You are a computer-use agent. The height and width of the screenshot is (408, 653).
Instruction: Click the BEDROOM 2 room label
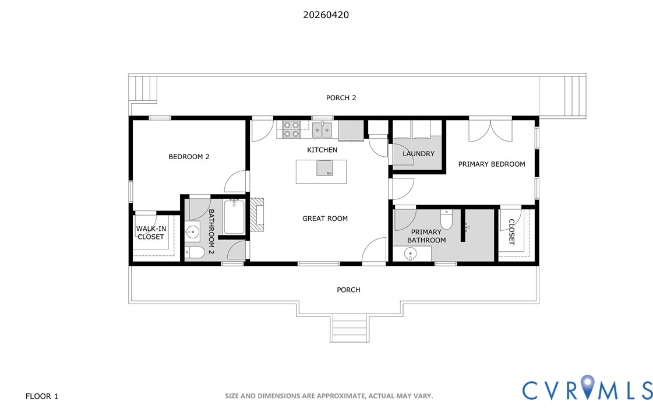[x=189, y=157]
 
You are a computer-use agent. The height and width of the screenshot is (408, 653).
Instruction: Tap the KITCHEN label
[x=322, y=150]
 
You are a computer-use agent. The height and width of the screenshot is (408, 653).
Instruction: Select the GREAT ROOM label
[x=325, y=219]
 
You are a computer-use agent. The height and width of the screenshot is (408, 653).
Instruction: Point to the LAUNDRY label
[x=418, y=154]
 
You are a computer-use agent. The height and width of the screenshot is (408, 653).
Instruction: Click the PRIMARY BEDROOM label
[x=492, y=164]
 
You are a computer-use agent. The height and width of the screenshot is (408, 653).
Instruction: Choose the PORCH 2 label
[x=341, y=98]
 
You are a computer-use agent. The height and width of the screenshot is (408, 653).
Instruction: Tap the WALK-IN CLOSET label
[x=151, y=233]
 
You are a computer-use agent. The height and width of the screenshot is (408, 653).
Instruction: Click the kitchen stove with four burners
[x=291, y=129]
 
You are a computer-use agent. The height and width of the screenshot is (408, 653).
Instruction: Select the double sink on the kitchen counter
[x=322, y=129]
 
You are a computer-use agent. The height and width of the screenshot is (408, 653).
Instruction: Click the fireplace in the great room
[x=256, y=214]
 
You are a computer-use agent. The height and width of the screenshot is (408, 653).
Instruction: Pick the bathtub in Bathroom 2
[x=234, y=217]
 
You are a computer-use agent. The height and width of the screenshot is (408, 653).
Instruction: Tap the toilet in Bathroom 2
[x=195, y=252]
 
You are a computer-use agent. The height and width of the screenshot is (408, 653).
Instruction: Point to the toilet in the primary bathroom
[x=446, y=220]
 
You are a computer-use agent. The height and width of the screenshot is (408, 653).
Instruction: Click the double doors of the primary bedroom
[x=490, y=131]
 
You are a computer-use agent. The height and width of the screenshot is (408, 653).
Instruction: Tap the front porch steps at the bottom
[x=350, y=328]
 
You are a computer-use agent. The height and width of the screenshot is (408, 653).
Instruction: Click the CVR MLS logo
[x=587, y=388]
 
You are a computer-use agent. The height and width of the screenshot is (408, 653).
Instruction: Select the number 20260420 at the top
[x=326, y=15]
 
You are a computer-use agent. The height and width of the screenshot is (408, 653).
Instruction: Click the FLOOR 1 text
[x=41, y=396]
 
